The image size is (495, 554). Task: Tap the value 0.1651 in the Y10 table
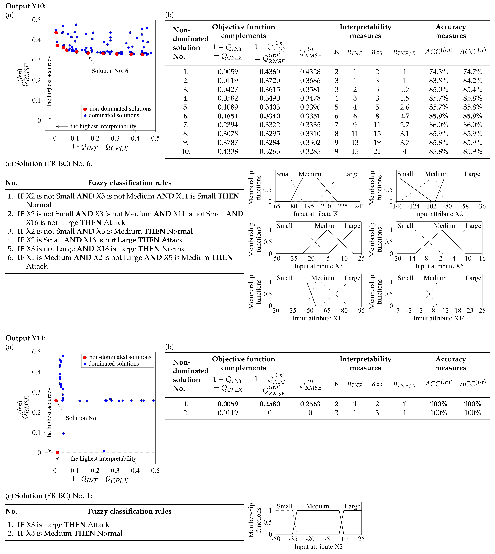pyautogui.click(x=228, y=116)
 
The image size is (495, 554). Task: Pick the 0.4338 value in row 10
pyautogui.click(x=228, y=152)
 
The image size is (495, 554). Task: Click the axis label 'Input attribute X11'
pyautogui.click(x=318, y=318)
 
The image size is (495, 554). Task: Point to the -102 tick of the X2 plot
pyautogui.click(x=430, y=206)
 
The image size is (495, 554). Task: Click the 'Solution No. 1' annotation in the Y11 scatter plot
pyautogui.click(x=84, y=418)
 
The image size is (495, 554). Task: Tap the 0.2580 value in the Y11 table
pyautogui.click(x=270, y=404)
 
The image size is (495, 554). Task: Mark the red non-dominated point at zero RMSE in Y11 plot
pyautogui.click(x=57, y=452)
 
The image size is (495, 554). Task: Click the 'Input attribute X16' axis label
pyautogui.click(x=439, y=318)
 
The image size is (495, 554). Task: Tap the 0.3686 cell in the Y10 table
pyautogui.click(x=310, y=81)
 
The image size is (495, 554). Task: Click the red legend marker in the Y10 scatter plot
pyautogui.click(x=85, y=109)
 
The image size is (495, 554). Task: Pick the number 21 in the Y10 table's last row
pyautogui.click(x=377, y=152)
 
